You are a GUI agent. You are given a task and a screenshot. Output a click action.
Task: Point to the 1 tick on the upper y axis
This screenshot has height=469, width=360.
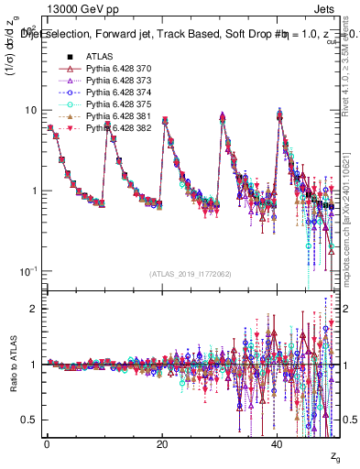coord(35,191)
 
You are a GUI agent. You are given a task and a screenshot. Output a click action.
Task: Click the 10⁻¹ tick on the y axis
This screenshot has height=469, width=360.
coord(30,271)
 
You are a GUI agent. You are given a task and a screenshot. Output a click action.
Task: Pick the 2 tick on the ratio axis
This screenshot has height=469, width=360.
coord(35,309)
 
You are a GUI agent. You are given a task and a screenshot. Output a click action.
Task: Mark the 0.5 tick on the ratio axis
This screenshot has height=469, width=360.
coord(30,420)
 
